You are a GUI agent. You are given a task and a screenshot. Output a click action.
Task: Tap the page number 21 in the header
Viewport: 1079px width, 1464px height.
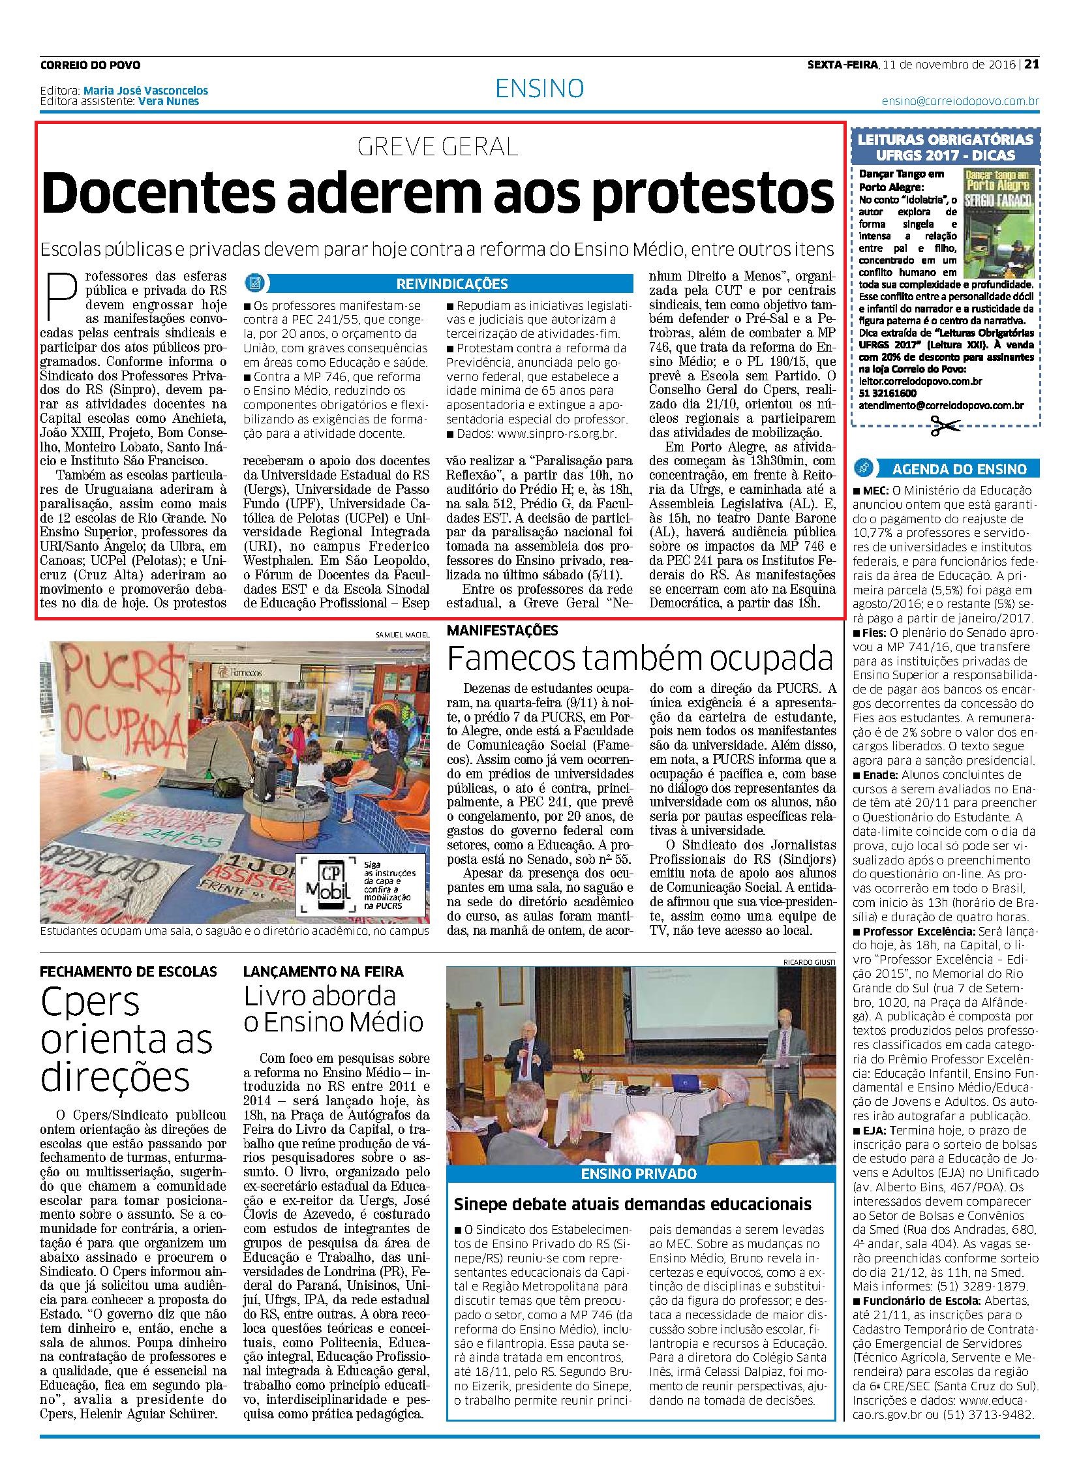coord(1031,65)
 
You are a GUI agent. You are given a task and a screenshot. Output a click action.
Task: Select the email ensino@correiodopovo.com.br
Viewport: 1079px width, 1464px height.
coord(960,102)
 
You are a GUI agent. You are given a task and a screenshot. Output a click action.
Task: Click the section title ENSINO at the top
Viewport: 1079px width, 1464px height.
coord(539,88)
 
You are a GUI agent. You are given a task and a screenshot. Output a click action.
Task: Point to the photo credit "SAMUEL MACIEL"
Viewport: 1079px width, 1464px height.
coord(403,635)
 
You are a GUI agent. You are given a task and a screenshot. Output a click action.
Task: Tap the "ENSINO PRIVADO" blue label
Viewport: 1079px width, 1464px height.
coord(640,1174)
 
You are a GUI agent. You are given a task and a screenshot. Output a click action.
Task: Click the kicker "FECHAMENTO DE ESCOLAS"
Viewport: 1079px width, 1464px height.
coord(128,971)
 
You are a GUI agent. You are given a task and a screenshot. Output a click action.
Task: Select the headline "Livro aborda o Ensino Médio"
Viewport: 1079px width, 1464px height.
coord(333,1009)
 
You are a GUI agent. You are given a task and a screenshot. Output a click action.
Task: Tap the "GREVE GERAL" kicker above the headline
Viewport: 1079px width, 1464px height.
coord(438,147)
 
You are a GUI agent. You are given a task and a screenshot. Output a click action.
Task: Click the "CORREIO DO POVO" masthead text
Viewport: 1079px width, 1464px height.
coord(90,65)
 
